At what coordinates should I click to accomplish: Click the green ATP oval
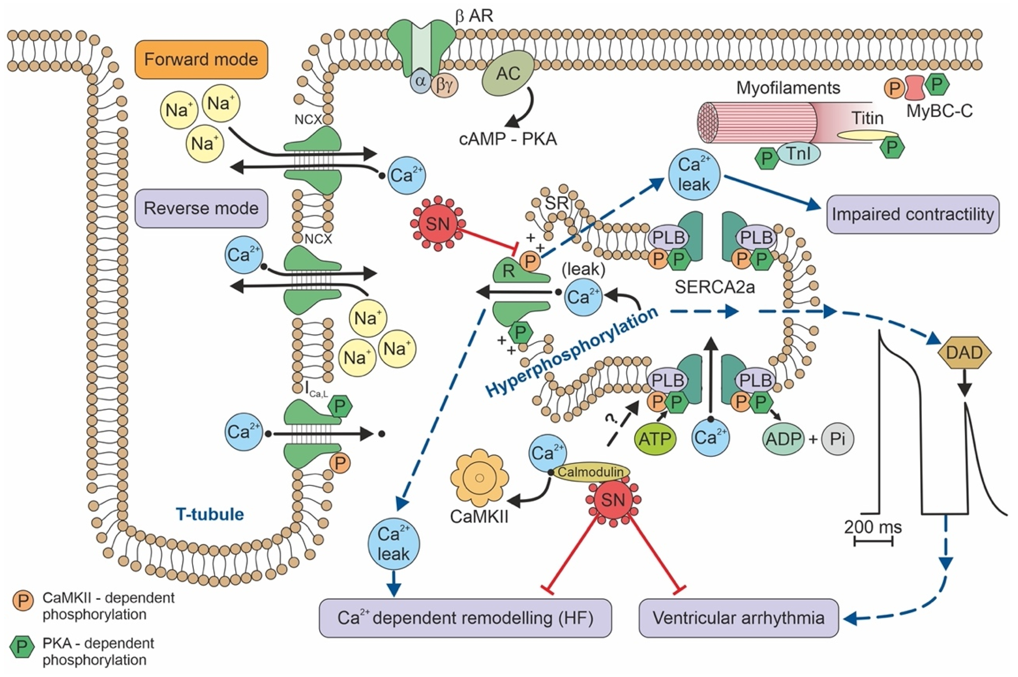[x=655, y=439]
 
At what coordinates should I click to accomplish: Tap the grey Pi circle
[x=837, y=439]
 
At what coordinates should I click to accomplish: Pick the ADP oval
[x=783, y=439]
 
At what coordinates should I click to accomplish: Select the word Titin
[x=867, y=118]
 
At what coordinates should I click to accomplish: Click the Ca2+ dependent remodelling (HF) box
[x=465, y=618]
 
